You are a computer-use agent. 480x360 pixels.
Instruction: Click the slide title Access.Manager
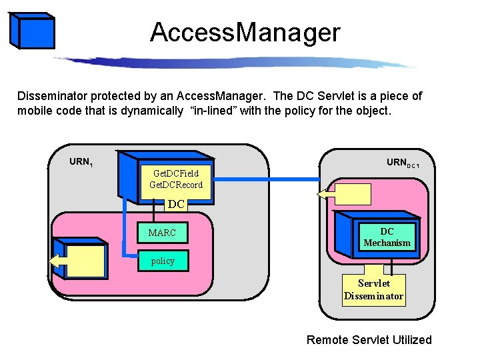(245, 32)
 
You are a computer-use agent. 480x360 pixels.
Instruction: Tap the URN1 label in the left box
(81, 161)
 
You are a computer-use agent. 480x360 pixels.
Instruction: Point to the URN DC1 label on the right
(402, 163)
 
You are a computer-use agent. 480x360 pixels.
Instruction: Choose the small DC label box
(176, 204)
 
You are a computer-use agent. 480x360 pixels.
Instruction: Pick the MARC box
(162, 233)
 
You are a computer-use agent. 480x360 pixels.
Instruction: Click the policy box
(163, 261)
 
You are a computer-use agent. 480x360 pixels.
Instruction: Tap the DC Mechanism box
(387, 237)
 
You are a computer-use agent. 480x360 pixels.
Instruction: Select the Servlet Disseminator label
(373, 289)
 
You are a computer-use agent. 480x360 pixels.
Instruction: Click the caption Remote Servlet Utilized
(369, 340)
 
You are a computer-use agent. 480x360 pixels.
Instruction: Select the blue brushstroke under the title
(233, 61)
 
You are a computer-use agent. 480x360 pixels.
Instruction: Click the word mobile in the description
(35, 111)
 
